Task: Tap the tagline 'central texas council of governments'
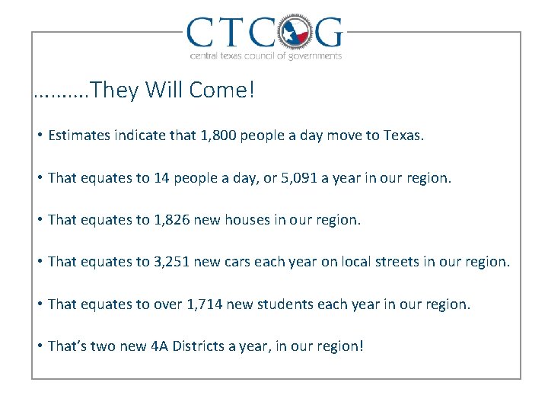coord(265,56)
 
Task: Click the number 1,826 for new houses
coord(172,220)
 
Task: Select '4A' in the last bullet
coord(159,346)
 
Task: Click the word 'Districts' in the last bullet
coord(199,346)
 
